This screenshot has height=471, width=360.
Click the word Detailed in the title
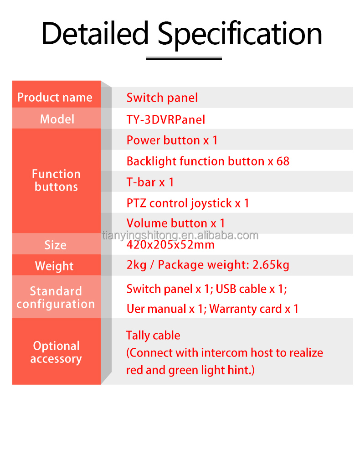pyautogui.click(x=95, y=33)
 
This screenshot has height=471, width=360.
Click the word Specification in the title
pyautogui.click(x=240, y=35)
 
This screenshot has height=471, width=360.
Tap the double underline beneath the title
pyautogui.click(x=184, y=58)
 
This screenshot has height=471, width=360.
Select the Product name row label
pyautogui.click(x=55, y=97)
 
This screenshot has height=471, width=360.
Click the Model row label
pyautogui.click(x=57, y=119)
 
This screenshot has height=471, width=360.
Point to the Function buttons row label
pyautogui.click(x=56, y=180)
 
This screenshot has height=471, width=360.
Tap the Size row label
pyautogui.click(x=56, y=245)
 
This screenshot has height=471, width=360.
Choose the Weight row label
pyautogui.click(x=54, y=266)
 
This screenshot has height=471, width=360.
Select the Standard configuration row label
pyautogui.click(x=56, y=297)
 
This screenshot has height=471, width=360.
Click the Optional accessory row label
pyautogui.click(x=56, y=352)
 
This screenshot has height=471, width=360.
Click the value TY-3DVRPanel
pyautogui.click(x=166, y=119)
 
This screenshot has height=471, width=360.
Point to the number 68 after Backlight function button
pyautogui.click(x=283, y=161)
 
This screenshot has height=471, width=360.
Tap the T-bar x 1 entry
pyautogui.click(x=150, y=182)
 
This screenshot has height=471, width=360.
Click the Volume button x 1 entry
pyautogui.click(x=175, y=223)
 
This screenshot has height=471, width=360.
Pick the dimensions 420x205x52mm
pyautogui.click(x=170, y=245)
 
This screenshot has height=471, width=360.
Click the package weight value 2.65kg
pyautogui.click(x=271, y=265)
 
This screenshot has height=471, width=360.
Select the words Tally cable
pyautogui.click(x=153, y=336)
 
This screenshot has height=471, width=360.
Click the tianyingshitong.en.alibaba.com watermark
pyautogui.click(x=180, y=235)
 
